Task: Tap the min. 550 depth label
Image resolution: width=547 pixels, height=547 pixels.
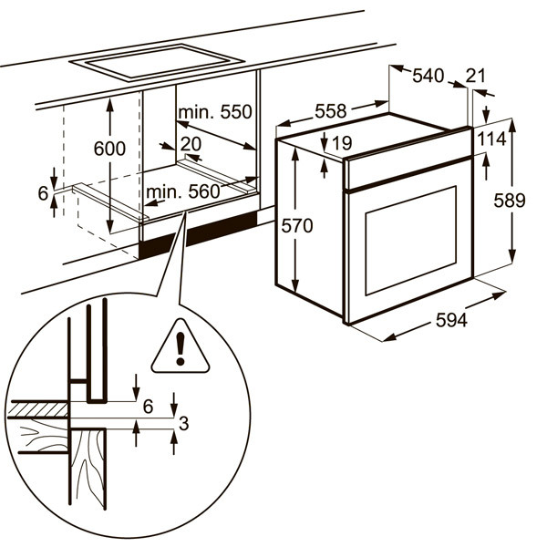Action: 214,112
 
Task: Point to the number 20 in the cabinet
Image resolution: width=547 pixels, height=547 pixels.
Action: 191,143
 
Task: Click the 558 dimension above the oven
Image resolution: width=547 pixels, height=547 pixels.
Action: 330,111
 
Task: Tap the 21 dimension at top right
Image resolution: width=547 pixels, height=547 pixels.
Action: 476,77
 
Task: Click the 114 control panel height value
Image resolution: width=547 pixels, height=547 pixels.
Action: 493,140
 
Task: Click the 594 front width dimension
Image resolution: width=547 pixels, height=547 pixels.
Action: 450,321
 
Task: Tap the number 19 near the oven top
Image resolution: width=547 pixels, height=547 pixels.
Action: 343,143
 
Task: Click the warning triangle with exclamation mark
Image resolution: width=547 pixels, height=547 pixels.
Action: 181,350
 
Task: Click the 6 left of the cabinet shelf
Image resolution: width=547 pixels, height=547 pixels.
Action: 42,192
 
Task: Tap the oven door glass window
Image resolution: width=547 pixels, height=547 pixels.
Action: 410,241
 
